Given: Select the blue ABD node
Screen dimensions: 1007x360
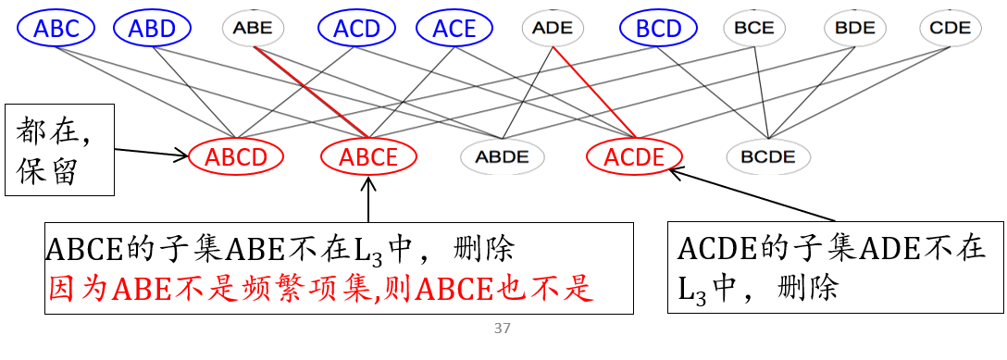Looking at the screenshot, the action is click(x=152, y=29).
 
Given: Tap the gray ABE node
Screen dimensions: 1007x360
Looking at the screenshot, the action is click(x=253, y=29).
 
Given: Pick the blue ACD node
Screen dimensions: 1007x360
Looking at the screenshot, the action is click(x=356, y=29).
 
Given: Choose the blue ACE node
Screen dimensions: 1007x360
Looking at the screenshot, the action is click(x=454, y=29).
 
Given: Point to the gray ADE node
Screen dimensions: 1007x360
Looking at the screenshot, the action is click(x=553, y=29).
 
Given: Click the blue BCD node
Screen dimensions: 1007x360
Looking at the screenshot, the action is click(x=659, y=29).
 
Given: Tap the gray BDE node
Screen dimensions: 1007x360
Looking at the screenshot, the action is click(x=853, y=29).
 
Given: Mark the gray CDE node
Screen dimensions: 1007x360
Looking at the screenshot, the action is click(x=950, y=29).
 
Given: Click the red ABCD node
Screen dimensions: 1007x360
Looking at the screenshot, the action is click(x=235, y=156).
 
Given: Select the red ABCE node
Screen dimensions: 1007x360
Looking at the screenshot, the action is click(x=368, y=156).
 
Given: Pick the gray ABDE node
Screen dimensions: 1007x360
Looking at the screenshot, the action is click(x=502, y=156).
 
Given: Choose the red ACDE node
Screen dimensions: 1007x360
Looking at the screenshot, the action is click(x=634, y=156).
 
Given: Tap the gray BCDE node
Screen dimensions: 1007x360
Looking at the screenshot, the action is click(x=768, y=156).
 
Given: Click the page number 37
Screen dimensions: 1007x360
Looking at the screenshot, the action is click(x=503, y=329).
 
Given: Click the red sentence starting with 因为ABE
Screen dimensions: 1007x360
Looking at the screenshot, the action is click(x=319, y=291).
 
